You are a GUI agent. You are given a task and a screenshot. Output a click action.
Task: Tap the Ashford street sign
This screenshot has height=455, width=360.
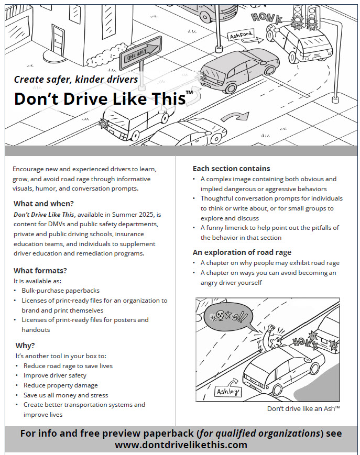pos(241,36)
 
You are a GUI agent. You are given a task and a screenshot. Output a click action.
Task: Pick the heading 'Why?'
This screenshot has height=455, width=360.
pos(25,346)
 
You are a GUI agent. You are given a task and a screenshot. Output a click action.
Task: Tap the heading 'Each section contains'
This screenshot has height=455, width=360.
pos(231,169)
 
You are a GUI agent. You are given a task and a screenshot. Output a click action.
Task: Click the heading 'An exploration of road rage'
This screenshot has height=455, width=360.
pos(242,252)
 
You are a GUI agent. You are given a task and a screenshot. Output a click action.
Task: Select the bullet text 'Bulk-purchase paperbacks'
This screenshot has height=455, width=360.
pos(61,290)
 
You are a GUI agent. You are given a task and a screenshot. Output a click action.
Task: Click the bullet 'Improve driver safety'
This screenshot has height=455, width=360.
pos(55,375)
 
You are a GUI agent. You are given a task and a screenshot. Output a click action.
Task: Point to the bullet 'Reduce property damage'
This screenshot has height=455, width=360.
pos(60,385)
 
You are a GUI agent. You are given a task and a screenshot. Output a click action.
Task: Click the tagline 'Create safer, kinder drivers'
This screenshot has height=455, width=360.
pos(76,80)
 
